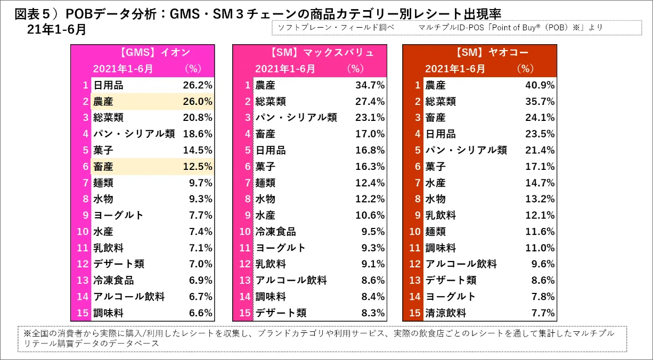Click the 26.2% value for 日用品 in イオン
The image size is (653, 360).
198,85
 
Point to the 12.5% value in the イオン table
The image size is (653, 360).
198,167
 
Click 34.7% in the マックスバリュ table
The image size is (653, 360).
370,85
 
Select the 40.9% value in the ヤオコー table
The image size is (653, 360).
540,85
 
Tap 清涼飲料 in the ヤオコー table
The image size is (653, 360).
445,313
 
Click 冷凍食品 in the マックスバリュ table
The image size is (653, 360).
275,232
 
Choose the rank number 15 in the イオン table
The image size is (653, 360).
81,313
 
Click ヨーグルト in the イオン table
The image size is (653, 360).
118,216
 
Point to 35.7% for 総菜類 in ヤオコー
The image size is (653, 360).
540,102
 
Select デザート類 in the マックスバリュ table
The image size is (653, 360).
281,313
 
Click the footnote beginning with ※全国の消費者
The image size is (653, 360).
320,338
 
